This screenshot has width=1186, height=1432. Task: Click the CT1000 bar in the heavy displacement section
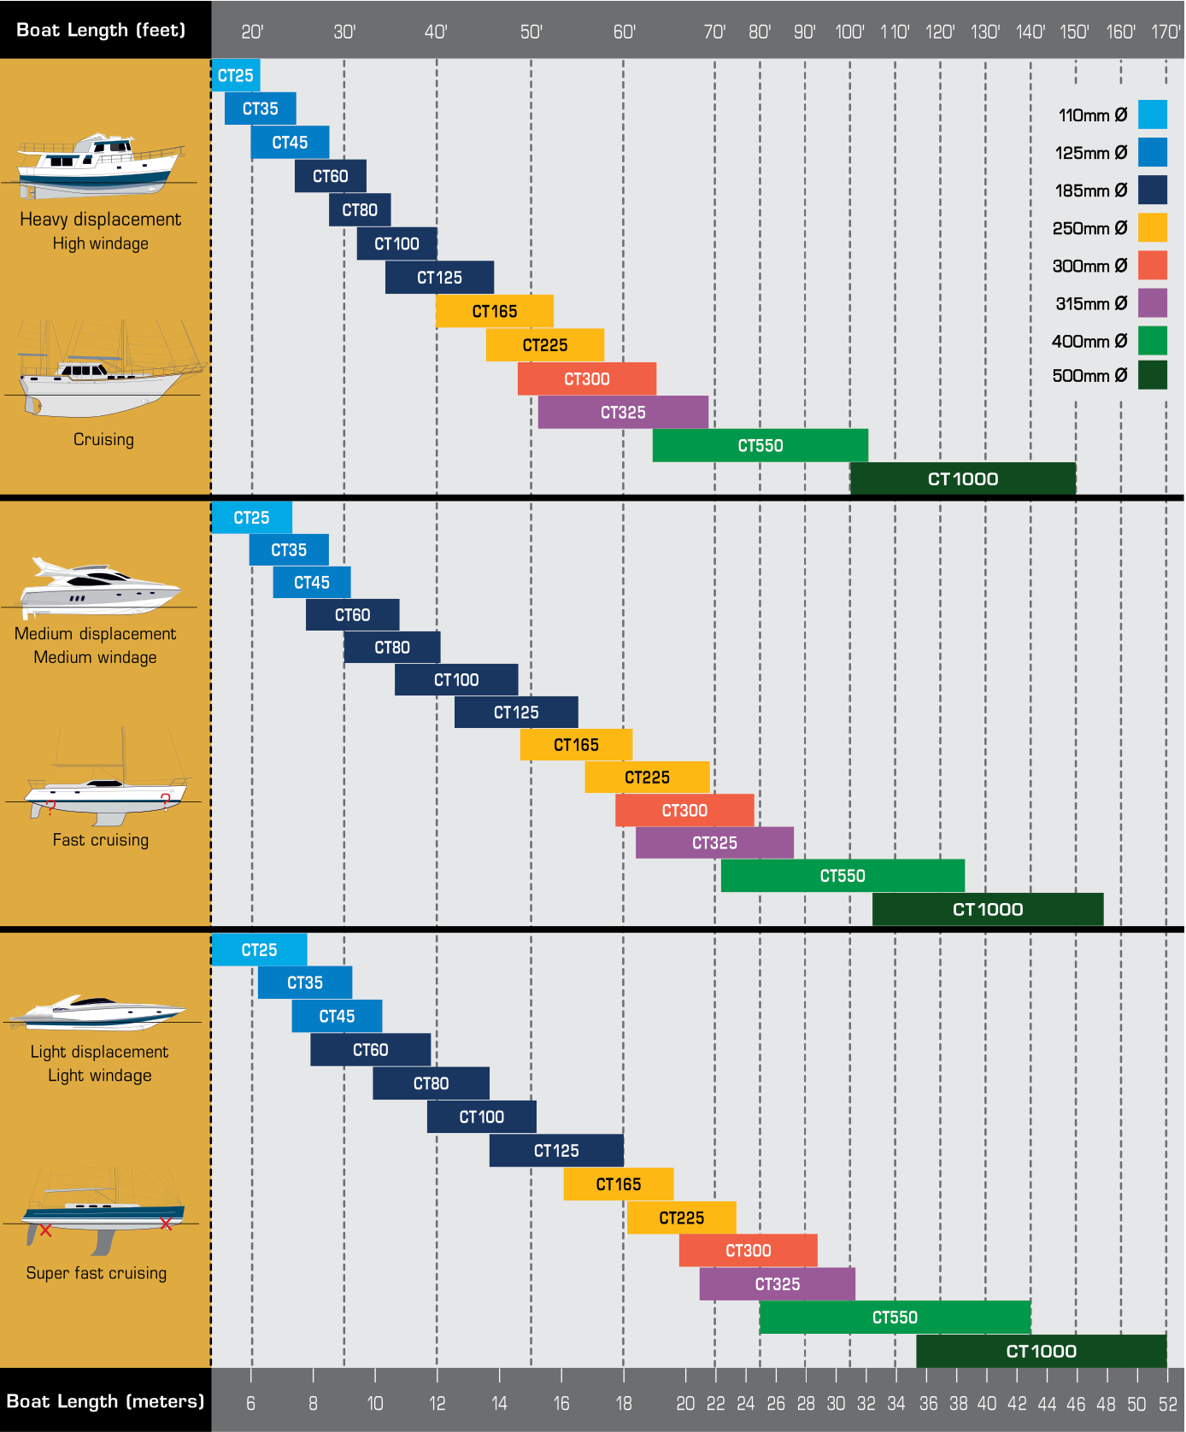click(962, 478)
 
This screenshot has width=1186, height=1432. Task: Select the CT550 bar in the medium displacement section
click(843, 876)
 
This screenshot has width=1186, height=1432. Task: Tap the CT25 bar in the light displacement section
click(259, 950)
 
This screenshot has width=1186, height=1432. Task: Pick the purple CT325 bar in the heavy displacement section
click(623, 413)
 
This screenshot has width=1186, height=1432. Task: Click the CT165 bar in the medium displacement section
click(576, 745)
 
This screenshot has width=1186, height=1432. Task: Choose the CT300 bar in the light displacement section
click(748, 1251)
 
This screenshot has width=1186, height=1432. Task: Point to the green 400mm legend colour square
click(1153, 341)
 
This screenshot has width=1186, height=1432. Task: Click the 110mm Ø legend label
click(1092, 115)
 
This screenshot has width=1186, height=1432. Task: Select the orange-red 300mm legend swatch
click(1153, 266)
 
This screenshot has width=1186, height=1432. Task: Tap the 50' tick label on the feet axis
click(531, 32)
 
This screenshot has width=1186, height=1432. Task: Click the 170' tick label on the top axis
click(1165, 32)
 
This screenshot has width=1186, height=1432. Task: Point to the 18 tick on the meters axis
click(624, 1404)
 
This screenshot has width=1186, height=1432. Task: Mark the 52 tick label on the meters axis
click(1168, 1404)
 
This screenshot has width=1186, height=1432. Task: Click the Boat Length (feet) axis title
click(101, 30)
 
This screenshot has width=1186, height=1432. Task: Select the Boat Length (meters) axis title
click(105, 1401)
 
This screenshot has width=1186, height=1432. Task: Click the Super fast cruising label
click(97, 1273)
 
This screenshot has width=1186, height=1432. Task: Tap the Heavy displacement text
click(101, 220)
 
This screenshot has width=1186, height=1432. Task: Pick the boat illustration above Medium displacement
click(98, 587)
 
